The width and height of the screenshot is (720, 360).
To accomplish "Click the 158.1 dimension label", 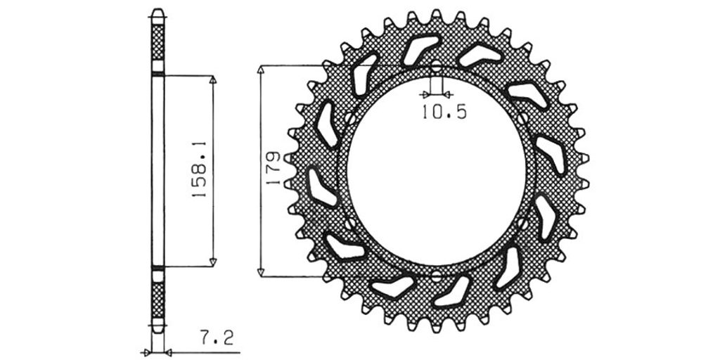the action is coord(199,169).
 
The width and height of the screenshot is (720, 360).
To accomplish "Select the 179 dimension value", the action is coord(274,169).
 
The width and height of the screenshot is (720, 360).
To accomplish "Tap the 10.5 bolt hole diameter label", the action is coord(444,112).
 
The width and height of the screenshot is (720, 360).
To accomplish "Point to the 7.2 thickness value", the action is coord(217,338).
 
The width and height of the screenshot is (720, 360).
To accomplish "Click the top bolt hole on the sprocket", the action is coord(436,67).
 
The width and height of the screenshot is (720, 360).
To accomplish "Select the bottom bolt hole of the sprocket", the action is coord(436,276).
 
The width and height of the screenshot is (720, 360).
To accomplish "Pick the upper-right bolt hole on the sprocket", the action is coord(522,119).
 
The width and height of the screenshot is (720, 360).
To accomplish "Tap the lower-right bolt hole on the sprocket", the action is coord(522,224).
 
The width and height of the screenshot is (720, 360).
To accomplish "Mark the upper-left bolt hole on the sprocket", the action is coord(350,119).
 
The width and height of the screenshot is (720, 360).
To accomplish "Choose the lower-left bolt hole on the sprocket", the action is coord(350,224).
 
